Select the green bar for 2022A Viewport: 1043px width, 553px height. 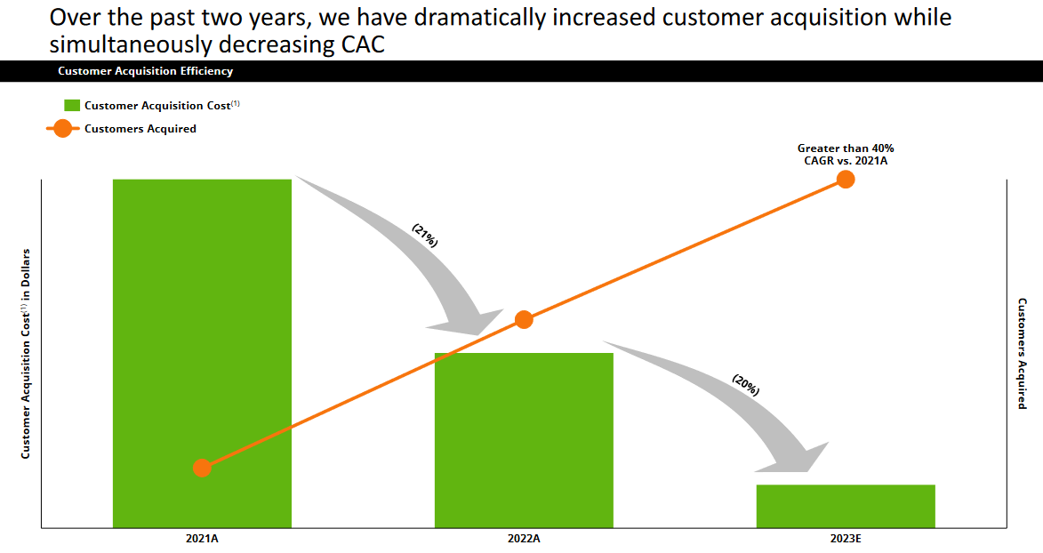click(x=524, y=440)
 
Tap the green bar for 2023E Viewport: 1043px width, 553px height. click(x=846, y=506)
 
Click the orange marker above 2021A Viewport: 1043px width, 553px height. click(x=202, y=468)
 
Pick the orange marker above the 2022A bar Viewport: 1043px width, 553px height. click(x=524, y=319)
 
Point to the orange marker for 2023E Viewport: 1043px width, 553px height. click(x=846, y=180)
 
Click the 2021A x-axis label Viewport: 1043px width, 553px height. click(x=202, y=539)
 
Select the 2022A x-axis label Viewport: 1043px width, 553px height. click(x=524, y=539)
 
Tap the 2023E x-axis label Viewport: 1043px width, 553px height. click(x=846, y=539)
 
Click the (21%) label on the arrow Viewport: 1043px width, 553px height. click(x=425, y=235)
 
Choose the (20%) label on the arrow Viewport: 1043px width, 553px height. click(x=745, y=384)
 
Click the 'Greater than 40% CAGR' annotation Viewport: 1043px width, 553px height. click(x=845, y=155)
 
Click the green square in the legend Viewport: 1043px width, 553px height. click(x=72, y=106)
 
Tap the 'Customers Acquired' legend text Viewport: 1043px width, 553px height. click(x=140, y=129)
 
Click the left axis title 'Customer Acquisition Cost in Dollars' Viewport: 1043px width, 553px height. click(x=26, y=353)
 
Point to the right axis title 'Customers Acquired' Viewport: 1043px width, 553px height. click(x=1023, y=353)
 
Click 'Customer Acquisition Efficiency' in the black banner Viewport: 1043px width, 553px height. click(x=145, y=71)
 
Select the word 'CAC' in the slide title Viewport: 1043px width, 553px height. click(x=363, y=44)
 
